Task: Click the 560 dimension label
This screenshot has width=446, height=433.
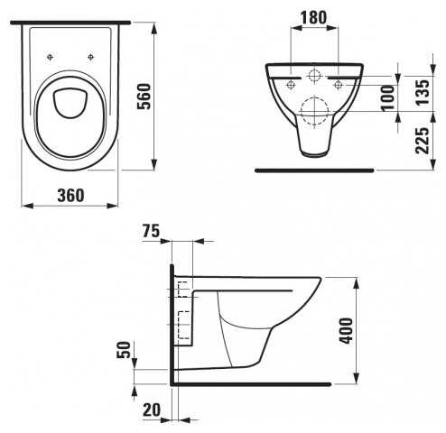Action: tap(144, 97)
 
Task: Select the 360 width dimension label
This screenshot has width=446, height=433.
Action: tap(71, 196)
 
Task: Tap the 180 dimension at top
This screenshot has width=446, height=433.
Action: tap(313, 17)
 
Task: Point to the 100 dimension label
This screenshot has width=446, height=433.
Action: tap(388, 98)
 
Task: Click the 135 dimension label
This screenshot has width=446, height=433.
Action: tap(422, 92)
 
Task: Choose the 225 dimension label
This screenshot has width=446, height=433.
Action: tap(422, 141)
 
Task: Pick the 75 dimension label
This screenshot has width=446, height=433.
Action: tap(151, 231)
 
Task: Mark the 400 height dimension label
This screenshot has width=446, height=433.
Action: tap(346, 331)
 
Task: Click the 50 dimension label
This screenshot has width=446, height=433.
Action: tap(125, 350)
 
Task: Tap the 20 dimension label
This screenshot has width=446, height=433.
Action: tap(152, 410)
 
